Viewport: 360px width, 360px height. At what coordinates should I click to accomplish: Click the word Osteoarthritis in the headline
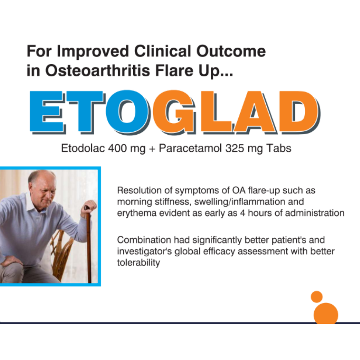(x=97, y=70)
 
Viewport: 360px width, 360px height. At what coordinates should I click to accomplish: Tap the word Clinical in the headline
(x=163, y=51)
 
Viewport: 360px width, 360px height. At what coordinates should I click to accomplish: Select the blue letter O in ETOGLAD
(x=127, y=112)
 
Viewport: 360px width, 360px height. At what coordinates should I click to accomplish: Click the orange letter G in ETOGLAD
(x=174, y=112)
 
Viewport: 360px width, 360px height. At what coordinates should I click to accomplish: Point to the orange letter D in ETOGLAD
(x=299, y=112)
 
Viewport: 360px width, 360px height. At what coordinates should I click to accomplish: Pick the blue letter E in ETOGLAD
(x=48, y=112)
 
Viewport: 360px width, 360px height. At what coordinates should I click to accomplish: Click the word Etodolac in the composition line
(x=83, y=148)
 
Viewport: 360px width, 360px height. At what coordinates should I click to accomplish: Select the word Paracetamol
(x=190, y=148)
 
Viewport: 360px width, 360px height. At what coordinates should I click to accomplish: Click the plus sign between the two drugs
(x=152, y=149)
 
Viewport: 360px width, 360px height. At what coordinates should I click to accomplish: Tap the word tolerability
(x=139, y=263)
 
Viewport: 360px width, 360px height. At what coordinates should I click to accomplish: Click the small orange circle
(x=317, y=297)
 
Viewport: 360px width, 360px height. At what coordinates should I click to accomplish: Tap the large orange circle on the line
(x=326, y=314)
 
